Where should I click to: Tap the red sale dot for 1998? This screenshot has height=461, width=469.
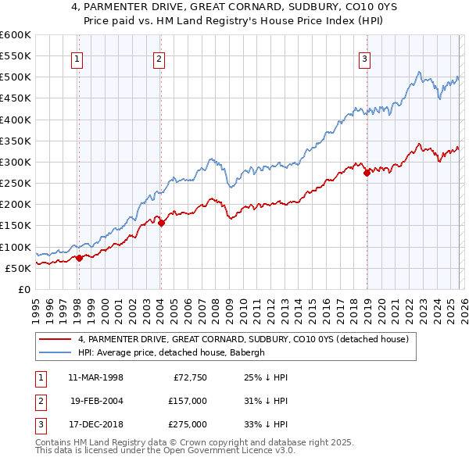(x=79, y=258)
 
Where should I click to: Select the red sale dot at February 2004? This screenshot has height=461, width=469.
(x=161, y=223)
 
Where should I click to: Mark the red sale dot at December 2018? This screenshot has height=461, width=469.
(x=367, y=173)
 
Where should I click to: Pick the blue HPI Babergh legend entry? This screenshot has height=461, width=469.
(x=171, y=352)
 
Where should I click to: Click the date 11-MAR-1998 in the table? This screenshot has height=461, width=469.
(x=95, y=377)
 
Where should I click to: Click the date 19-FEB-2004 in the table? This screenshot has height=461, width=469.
(x=96, y=401)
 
